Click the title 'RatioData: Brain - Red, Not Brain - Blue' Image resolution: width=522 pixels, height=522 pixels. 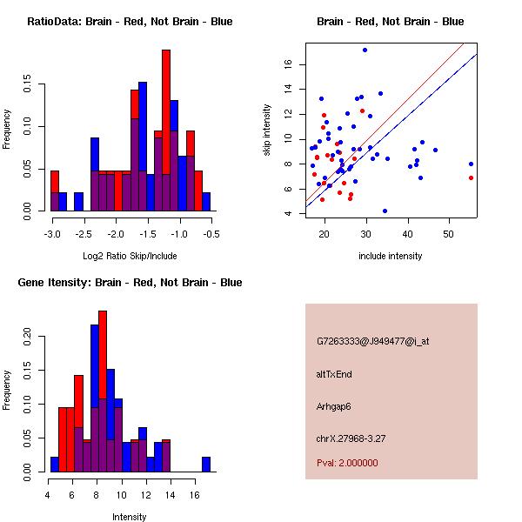[130, 21]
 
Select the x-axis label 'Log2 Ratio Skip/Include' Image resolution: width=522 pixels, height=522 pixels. [130, 256]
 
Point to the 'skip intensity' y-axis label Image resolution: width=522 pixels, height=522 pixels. [268, 130]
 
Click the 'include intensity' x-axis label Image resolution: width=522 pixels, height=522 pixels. [391, 256]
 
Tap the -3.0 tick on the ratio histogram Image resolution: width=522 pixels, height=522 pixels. [52, 234]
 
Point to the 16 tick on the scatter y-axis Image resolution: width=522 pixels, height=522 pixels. [287, 64]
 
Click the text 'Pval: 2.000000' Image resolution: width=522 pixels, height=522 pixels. [347, 463]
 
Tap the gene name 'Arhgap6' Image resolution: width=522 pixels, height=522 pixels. [334, 406]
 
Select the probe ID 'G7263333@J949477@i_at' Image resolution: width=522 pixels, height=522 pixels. [372, 341]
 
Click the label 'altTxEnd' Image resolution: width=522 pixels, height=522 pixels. [334, 374]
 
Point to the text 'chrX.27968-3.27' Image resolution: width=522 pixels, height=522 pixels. [351, 438]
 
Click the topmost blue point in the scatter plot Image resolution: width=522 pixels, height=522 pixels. [365, 50]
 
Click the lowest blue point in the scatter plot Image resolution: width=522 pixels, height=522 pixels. [385, 211]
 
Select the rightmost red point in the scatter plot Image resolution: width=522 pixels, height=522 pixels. [471, 177]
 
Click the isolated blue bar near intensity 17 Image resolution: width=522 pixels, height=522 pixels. [206, 464]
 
